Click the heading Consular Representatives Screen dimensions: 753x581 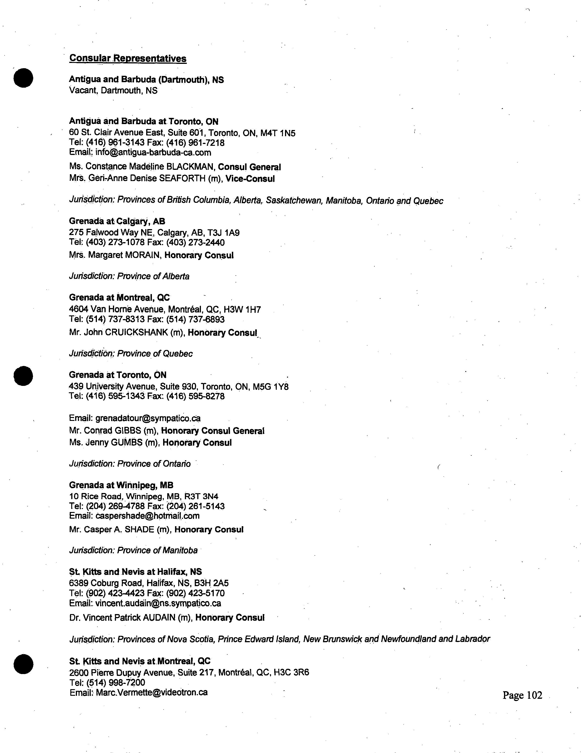[128, 58]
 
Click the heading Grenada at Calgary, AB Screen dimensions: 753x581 [117, 221]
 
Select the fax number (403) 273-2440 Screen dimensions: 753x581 [195, 243]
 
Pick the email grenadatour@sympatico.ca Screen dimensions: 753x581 [148, 418]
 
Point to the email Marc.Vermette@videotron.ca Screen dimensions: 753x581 [151, 692]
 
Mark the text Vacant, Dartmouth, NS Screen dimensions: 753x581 [113, 91]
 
